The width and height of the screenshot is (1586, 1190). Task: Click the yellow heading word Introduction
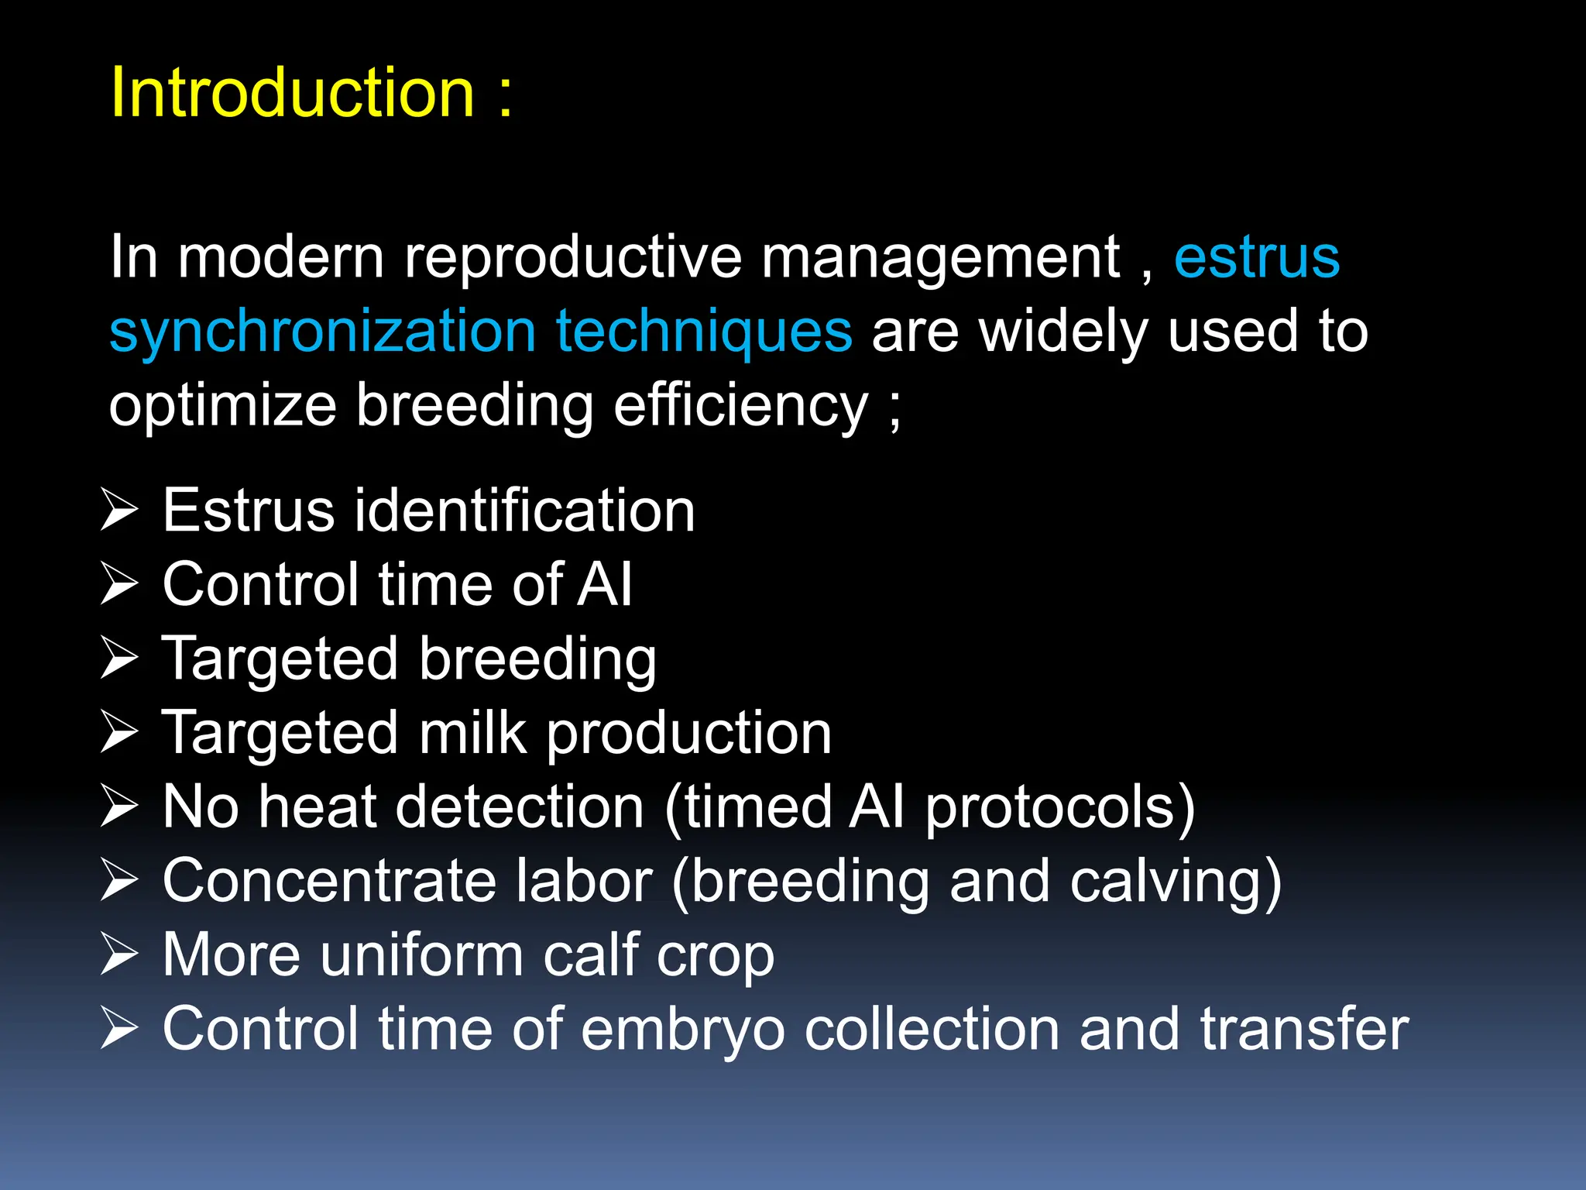pyautogui.click(x=292, y=93)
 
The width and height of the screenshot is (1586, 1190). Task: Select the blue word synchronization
pyautogui.click(x=322, y=332)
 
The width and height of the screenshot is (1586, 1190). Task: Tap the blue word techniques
pyautogui.click(x=704, y=332)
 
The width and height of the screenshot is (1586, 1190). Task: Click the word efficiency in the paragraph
pyautogui.click(x=741, y=406)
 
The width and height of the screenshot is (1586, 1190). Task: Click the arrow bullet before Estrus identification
pyautogui.click(x=119, y=511)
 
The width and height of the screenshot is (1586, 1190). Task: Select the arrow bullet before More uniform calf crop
pyautogui.click(x=119, y=954)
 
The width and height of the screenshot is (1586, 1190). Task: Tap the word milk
pyautogui.click(x=473, y=733)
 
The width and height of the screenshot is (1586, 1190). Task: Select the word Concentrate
pyautogui.click(x=330, y=881)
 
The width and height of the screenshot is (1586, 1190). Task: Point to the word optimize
pyautogui.click(x=222, y=406)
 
